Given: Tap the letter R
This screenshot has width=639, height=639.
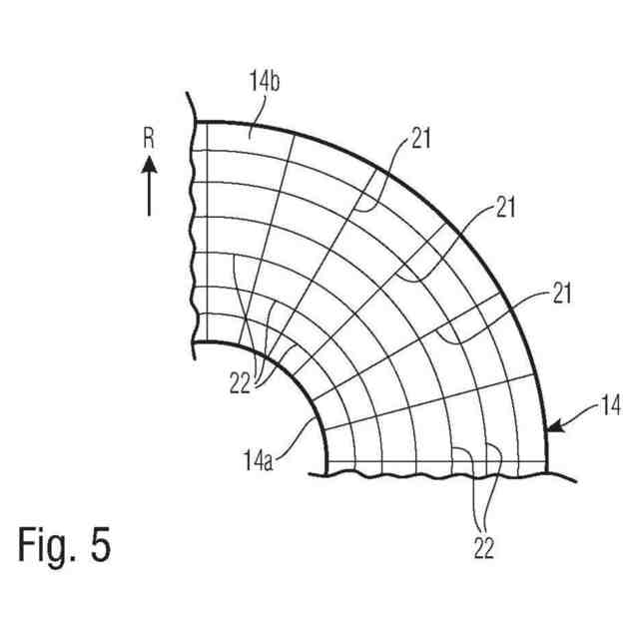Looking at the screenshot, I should click(149, 139).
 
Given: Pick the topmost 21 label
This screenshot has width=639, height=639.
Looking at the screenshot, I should click(420, 139).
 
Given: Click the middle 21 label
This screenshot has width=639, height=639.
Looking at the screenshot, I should click(505, 207).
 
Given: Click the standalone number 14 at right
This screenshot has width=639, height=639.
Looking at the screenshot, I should click(610, 405).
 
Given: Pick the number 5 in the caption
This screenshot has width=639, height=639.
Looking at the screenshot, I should click(100, 545).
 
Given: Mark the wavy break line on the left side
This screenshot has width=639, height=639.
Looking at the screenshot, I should click(191, 230).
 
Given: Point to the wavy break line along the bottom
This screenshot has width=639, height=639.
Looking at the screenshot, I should click(439, 474).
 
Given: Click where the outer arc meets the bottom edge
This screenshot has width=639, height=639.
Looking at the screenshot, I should click(548, 462).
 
